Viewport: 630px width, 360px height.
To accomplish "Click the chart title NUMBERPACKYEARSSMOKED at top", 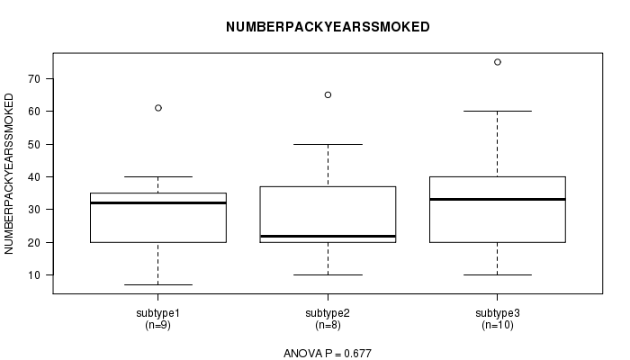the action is tap(328, 27).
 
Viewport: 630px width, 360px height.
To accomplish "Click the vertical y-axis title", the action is tap(9, 174).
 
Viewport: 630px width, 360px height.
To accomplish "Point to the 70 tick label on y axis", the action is tap(34, 79).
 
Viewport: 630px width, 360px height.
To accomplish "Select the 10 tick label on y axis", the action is tap(34, 275).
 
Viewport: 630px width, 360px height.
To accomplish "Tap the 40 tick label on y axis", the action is tap(34, 176).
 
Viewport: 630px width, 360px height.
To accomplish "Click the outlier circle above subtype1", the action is tap(158, 108).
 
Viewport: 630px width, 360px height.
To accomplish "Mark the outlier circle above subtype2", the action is tap(328, 94).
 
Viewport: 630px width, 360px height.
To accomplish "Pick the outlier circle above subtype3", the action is tap(498, 62).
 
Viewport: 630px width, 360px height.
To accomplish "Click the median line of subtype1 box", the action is tap(158, 202).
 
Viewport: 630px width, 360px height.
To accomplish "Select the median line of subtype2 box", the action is tap(328, 236).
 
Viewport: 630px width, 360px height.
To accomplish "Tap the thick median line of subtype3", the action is tap(498, 199).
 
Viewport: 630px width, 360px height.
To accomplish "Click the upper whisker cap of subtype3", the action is tap(498, 111).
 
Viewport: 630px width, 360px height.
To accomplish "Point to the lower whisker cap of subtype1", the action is tap(158, 285).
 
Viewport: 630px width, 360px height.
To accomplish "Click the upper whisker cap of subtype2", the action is tap(328, 144).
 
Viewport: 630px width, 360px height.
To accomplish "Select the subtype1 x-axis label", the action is tap(157, 313).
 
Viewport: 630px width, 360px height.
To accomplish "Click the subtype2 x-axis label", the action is tap(328, 313).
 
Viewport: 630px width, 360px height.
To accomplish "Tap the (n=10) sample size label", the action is tap(498, 325).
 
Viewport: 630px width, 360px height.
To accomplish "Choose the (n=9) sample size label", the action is tap(157, 325).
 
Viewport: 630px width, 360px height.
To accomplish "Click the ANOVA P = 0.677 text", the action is tap(328, 354).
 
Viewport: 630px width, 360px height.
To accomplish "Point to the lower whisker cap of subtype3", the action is tap(498, 274).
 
